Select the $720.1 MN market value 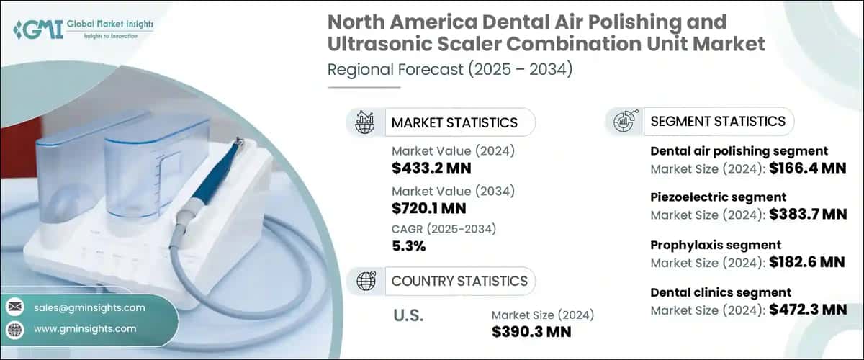[429, 209]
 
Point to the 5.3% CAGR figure [408, 246]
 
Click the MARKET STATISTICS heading [454, 122]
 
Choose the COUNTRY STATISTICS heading [459, 281]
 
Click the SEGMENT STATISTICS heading [718, 121]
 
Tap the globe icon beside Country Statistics [365, 281]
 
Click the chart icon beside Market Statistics [365, 122]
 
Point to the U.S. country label [408, 315]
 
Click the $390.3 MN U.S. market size [531, 333]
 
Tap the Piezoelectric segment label [718, 197]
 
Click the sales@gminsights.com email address [89, 307]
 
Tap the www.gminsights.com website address [84, 328]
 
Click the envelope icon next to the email [14, 307]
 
